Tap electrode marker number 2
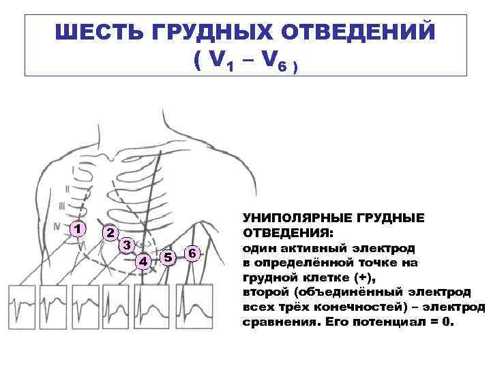point(108,232)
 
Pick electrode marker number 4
point(143,260)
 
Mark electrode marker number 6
point(192,254)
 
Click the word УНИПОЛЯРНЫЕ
point(297,218)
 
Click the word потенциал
point(396,321)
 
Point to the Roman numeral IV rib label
point(58,223)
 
